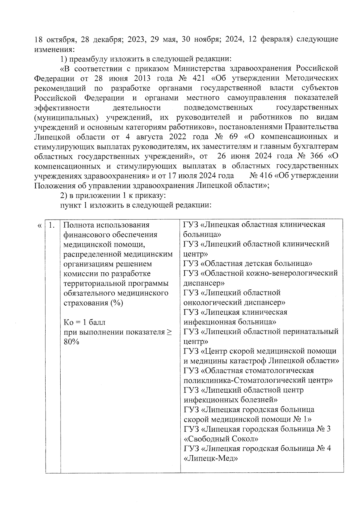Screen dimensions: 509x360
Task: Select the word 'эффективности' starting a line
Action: [x=62, y=107]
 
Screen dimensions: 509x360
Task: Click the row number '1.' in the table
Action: [x=52, y=225]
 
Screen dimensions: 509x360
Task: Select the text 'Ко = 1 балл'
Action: [x=85, y=322]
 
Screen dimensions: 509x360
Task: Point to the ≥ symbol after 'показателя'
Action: [x=169, y=332]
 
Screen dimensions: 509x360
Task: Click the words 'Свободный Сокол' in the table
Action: [x=221, y=439]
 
